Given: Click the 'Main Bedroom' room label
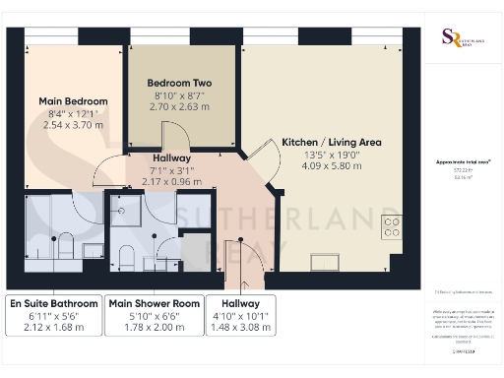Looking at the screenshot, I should pos(73,101).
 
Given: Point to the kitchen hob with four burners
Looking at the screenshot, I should pos(391,227).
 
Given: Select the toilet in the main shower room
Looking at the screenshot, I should pos(125,257).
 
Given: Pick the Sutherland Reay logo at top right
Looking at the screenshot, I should pos(452,35).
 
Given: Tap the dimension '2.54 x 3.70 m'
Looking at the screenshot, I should pos(73,125).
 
